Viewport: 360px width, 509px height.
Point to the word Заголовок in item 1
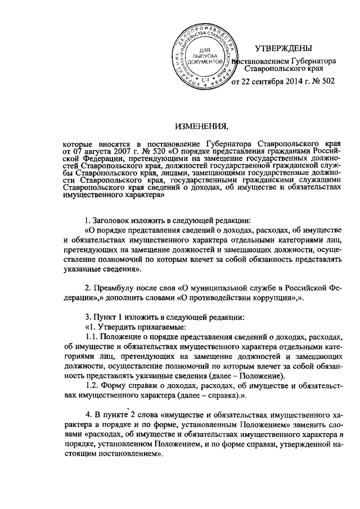[x=112, y=219]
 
